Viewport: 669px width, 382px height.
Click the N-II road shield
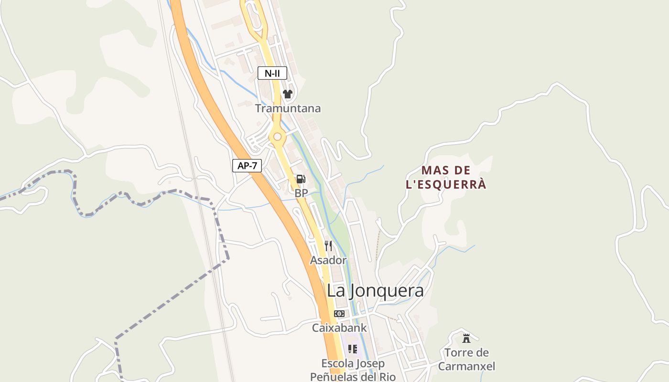point(272,73)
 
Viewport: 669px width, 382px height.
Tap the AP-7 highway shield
point(247,166)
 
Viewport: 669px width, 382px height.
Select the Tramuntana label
point(288,108)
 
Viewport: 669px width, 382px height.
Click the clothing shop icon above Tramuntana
point(287,94)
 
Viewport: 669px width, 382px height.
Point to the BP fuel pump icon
point(301,179)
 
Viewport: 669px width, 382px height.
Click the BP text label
point(301,193)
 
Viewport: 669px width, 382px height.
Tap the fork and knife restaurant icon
point(328,246)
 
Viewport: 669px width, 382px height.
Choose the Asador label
point(328,260)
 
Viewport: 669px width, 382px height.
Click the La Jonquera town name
point(375,290)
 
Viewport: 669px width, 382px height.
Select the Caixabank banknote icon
point(339,314)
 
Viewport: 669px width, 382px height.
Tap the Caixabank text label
point(339,328)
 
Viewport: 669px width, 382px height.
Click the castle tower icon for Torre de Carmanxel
point(466,339)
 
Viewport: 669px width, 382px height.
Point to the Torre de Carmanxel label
point(466,360)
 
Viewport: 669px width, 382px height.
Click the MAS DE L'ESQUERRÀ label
point(446,177)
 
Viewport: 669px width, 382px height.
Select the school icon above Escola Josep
point(353,349)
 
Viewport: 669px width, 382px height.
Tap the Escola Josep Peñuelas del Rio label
point(353,370)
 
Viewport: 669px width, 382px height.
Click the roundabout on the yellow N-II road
point(277,137)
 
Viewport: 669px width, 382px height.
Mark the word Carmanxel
point(466,367)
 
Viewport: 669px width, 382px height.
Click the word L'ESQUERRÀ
point(446,184)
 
